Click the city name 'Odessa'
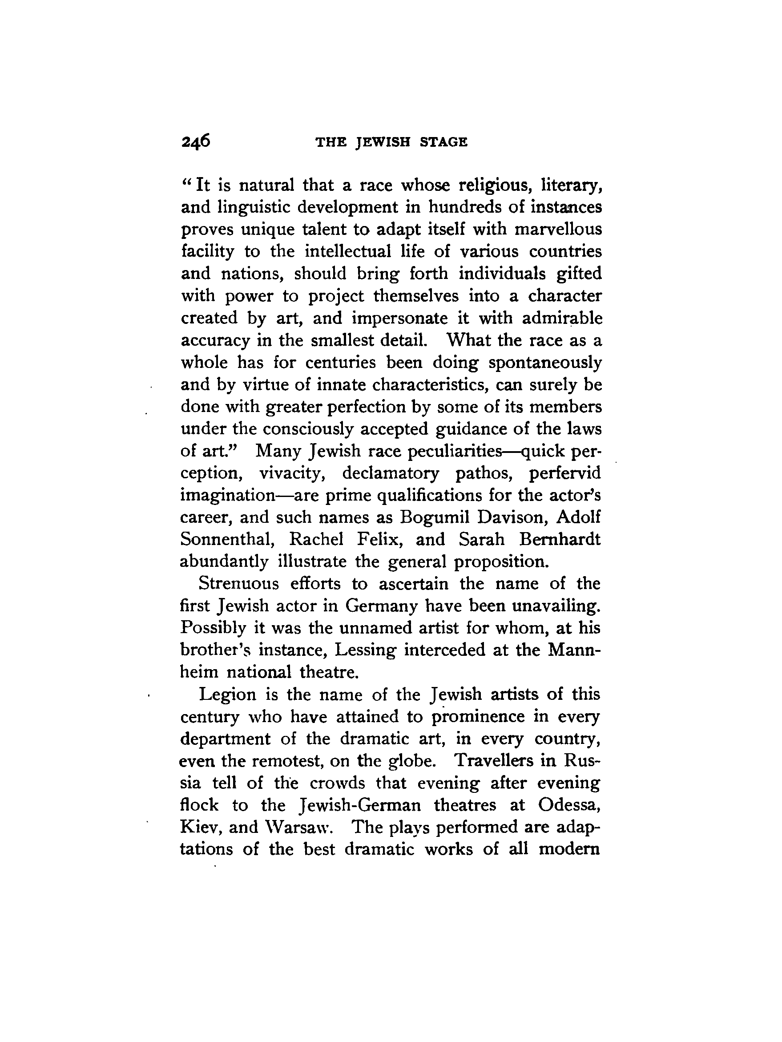tap(569, 805)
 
